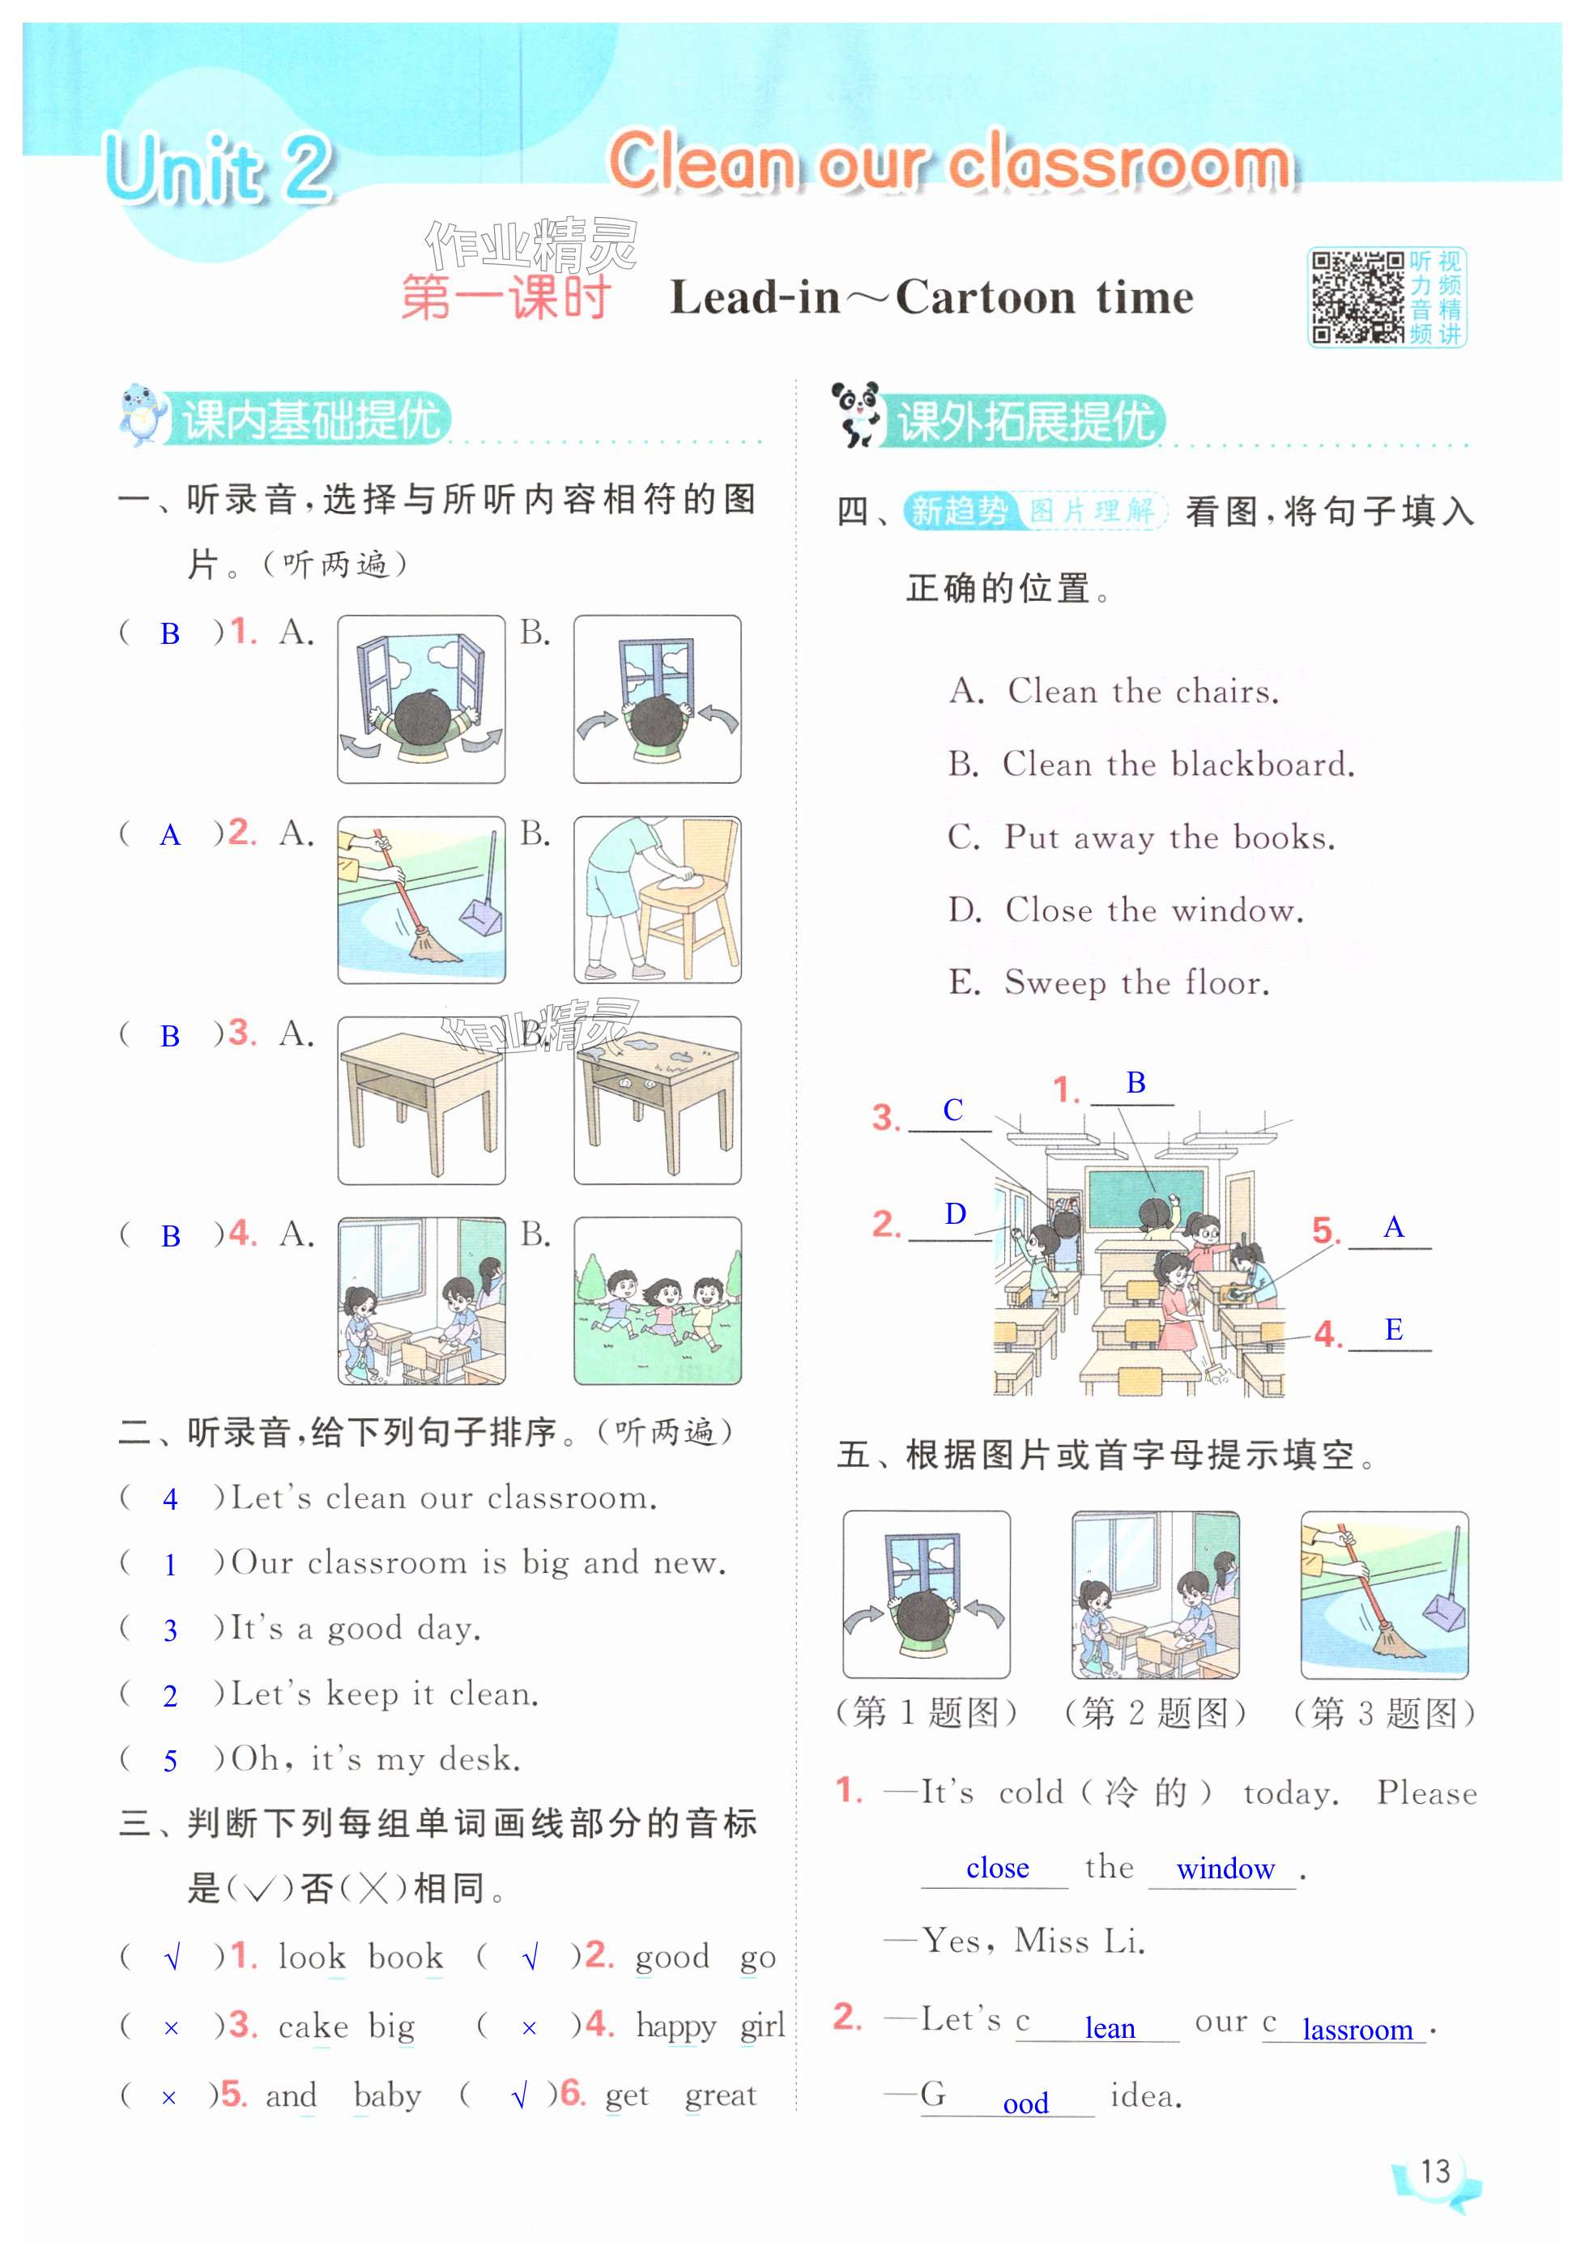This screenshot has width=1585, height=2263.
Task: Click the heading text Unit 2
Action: pyautogui.click(x=219, y=168)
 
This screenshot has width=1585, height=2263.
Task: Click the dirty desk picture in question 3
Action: pyautogui.click(x=658, y=1100)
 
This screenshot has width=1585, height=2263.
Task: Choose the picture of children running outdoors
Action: pyautogui.click(x=658, y=1300)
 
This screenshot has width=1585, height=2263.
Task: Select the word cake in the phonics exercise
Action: pyautogui.click(x=313, y=2026)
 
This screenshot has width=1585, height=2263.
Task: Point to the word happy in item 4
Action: pyautogui.click(x=675, y=2027)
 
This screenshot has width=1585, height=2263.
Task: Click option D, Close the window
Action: pyautogui.click(x=1126, y=909)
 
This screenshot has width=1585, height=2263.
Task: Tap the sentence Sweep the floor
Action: pyautogui.click(x=1136, y=982)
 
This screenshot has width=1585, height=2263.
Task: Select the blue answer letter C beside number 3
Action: pyautogui.click(x=952, y=1110)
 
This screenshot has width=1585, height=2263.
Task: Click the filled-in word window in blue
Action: pyautogui.click(x=1225, y=1869)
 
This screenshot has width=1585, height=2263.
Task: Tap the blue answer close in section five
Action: pyautogui.click(x=998, y=1868)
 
